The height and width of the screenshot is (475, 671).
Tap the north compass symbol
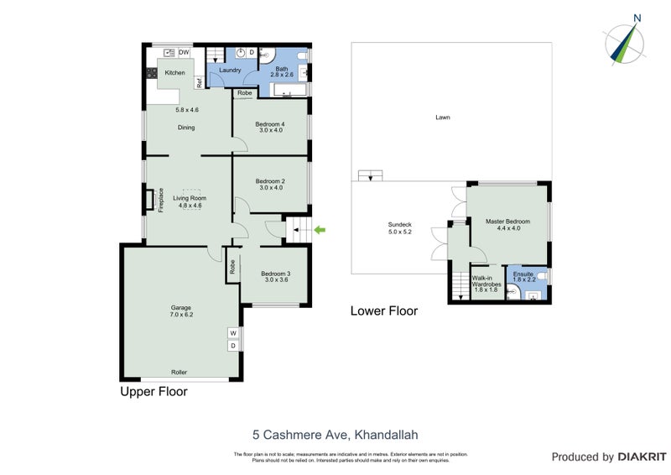(623, 43)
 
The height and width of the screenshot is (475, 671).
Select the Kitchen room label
(174, 73)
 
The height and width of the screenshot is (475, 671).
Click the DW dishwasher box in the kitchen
(184, 52)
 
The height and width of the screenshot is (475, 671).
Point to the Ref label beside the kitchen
(199, 83)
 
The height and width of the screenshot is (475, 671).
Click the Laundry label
(231, 70)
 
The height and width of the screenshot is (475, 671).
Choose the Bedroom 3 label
(276, 277)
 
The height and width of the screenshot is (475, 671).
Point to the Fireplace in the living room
(149, 201)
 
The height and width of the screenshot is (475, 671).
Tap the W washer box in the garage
(232, 333)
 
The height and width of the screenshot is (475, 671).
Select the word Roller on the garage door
(179, 372)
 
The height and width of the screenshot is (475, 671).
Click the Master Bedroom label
(507, 225)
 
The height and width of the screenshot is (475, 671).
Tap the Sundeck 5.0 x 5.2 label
(399, 228)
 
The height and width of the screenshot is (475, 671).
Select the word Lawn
(442, 117)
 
